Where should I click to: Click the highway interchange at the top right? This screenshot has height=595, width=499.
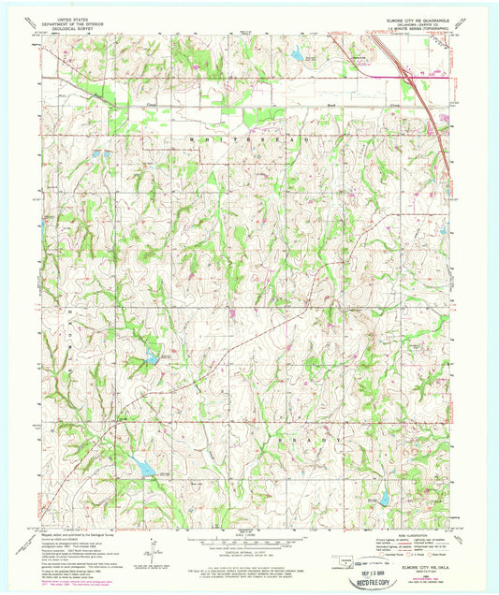coord(404,69)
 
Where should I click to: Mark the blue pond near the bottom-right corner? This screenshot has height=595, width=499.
coord(384,497)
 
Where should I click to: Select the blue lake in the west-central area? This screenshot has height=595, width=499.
coord(151,356)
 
